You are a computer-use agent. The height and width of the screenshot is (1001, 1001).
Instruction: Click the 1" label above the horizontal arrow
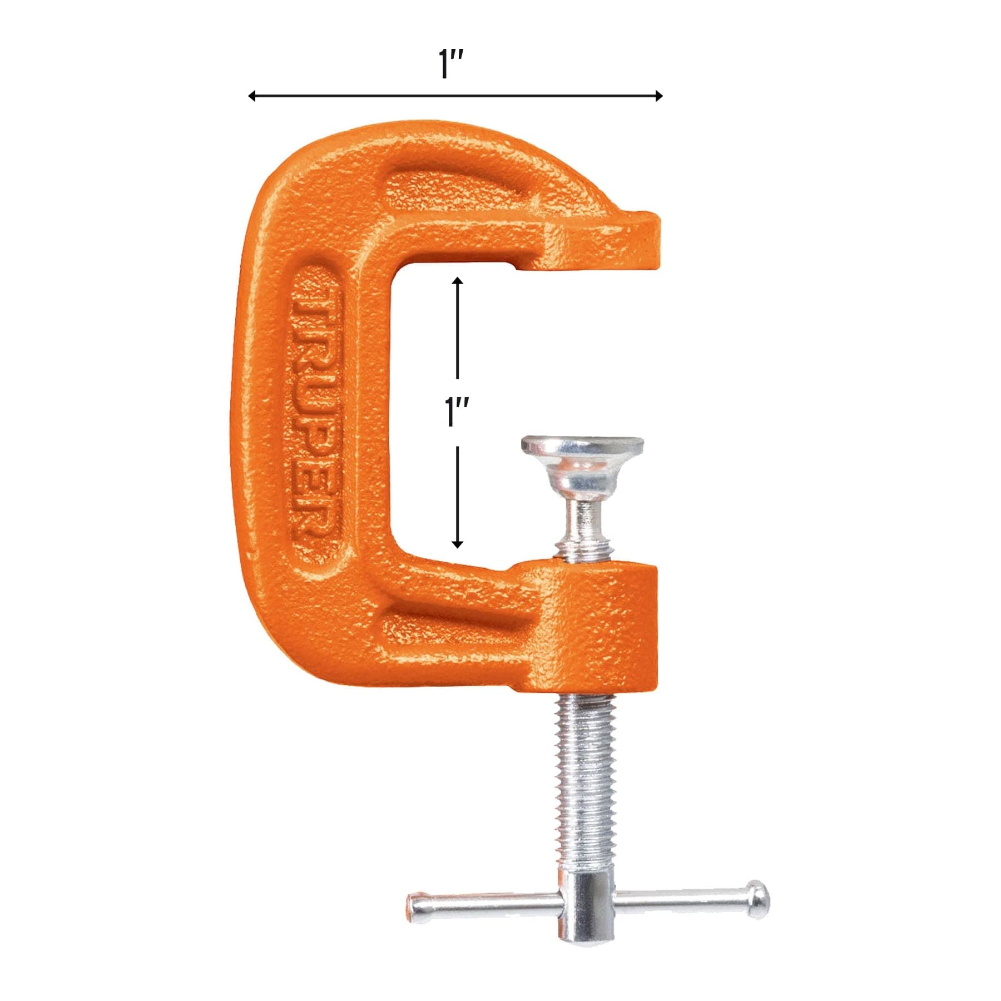(x=451, y=65)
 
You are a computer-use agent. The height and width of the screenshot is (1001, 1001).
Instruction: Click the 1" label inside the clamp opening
(x=457, y=413)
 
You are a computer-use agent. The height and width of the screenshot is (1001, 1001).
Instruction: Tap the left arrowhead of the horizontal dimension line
(x=252, y=96)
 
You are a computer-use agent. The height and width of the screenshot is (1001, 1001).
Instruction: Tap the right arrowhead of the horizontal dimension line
(x=658, y=96)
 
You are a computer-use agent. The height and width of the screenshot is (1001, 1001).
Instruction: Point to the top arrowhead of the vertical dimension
(x=457, y=281)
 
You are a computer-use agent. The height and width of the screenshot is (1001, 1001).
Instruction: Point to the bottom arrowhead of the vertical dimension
(x=457, y=543)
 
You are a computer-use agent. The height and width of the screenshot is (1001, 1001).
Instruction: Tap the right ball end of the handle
(x=758, y=900)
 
